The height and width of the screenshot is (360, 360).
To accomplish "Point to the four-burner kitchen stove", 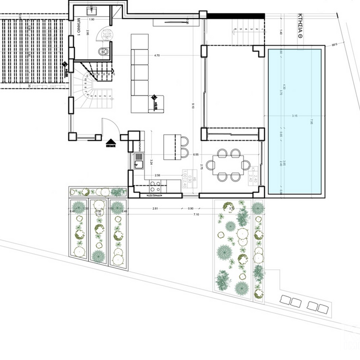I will click(155, 186).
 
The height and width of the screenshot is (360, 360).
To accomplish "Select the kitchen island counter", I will click(169, 147).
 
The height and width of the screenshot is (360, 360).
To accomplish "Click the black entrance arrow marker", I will click(111, 142).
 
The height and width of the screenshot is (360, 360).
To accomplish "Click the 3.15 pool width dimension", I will click(295, 116).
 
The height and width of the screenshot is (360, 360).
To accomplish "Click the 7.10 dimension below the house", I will click(196, 214).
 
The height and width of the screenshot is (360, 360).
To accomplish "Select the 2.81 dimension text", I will click(155, 209).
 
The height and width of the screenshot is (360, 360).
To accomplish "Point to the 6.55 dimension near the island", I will click(196, 155).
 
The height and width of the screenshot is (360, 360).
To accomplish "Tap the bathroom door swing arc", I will click(103, 35).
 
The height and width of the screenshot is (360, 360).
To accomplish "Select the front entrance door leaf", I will click(102, 128).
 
